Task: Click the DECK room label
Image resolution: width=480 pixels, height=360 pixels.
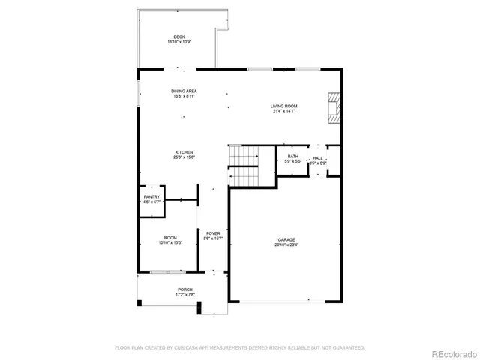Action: [x=178, y=37]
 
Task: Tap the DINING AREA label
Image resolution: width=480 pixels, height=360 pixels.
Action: [x=184, y=91]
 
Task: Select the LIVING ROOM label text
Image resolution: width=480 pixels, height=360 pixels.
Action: [x=284, y=106]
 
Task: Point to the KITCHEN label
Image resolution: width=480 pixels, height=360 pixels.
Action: [x=184, y=151]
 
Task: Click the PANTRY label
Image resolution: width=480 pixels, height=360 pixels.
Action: [x=152, y=196]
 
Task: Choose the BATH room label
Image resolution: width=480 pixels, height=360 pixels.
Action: [x=293, y=156]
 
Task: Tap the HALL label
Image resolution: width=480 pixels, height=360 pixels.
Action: [x=318, y=157]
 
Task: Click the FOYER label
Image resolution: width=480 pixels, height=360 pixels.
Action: [x=213, y=233]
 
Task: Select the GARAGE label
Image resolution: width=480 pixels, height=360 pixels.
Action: [x=286, y=240]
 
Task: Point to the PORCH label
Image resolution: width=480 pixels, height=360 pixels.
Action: [x=184, y=289]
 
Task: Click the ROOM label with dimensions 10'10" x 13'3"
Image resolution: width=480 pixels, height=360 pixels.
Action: [x=170, y=238]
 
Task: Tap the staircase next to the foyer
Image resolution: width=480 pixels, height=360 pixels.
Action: [x=243, y=165]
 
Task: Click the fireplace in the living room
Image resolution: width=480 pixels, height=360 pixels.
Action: [x=334, y=107]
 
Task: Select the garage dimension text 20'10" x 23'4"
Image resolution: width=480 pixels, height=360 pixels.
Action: [x=286, y=245]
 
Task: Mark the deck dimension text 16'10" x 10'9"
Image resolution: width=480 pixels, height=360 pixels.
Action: [x=178, y=42]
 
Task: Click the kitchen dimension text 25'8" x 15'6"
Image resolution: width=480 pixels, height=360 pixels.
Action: [x=184, y=157]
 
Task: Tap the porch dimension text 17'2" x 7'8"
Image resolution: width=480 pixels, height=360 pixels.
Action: [x=184, y=295]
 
